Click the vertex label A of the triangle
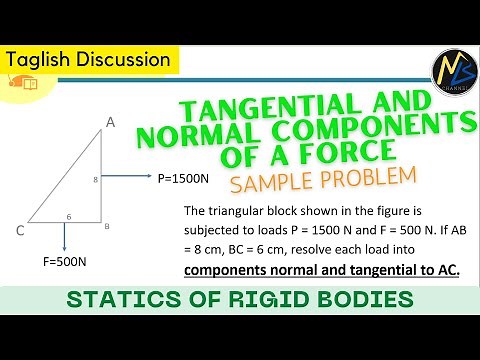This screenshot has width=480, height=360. (111, 122)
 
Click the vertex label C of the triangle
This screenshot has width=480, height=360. (20, 231)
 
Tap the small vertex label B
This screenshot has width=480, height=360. (107, 227)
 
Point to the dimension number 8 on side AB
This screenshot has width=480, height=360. (95, 181)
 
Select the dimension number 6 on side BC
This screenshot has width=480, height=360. (69, 216)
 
